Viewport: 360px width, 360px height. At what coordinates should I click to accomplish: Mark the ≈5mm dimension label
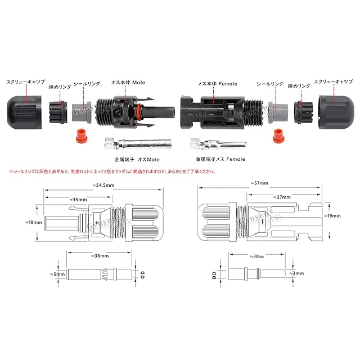point(52,274)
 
